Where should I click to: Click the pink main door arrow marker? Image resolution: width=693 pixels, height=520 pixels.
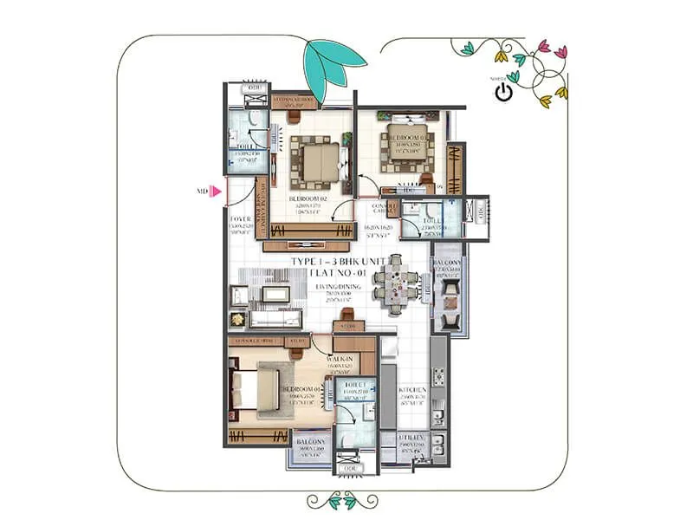[x=217, y=192]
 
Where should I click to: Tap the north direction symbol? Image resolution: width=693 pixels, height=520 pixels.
[x=503, y=89]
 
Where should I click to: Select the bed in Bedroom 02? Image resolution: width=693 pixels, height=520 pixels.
[x=315, y=160]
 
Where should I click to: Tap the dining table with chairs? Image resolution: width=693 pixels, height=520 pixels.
[x=396, y=283]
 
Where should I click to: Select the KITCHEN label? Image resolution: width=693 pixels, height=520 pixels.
[x=411, y=391]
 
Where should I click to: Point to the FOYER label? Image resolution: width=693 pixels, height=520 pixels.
[x=240, y=221]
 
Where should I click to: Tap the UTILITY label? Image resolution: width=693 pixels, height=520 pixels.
[x=411, y=440]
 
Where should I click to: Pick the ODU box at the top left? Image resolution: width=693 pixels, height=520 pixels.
[x=255, y=88]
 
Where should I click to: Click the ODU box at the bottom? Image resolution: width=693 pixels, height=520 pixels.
[x=351, y=468]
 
